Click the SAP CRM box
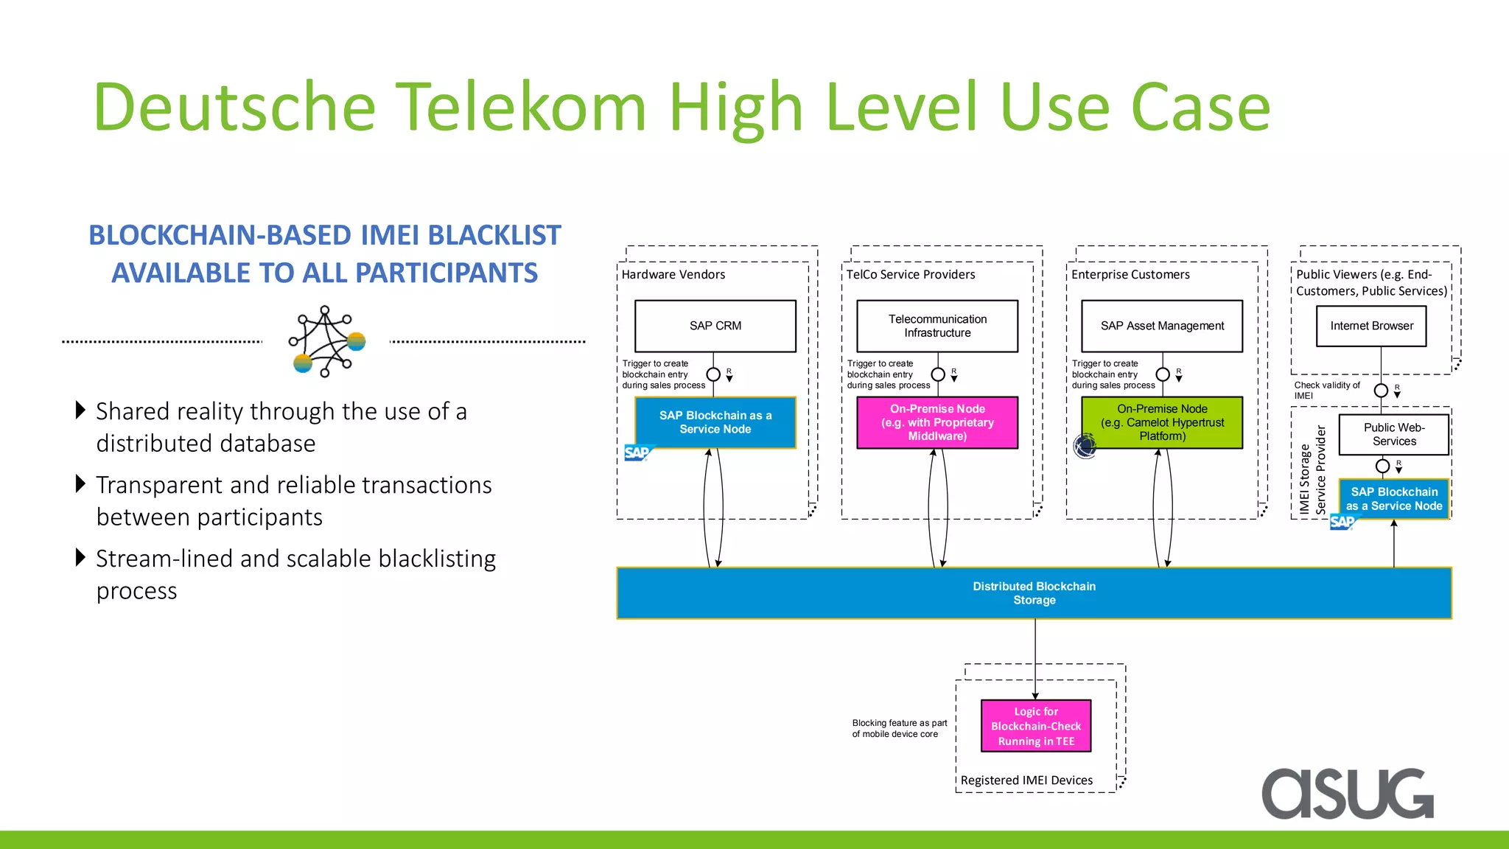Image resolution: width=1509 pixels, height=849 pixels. [x=715, y=326]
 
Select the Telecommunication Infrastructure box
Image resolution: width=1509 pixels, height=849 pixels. [x=937, y=326]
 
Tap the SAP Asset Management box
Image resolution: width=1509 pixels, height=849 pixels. [x=1162, y=326]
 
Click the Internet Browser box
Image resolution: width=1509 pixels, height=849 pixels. [x=1371, y=326]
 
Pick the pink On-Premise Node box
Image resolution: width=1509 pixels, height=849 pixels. [x=937, y=422]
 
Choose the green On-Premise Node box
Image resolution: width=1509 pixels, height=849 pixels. [x=1162, y=422]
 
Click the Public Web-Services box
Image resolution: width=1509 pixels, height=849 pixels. [x=1393, y=434]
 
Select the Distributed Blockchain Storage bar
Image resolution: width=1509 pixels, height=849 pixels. [x=1034, y=593]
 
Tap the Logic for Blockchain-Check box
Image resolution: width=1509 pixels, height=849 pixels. [x=1035, y=726]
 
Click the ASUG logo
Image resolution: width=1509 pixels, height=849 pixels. [x=1348, y=793]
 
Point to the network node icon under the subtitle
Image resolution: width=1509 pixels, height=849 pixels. [x=326, y=341]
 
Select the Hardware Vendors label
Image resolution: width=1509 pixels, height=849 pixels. [x=673, y=274]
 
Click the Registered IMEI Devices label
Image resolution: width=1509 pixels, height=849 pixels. [x=1026, y=780]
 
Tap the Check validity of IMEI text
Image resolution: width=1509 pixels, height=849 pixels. [x=1326, y=390]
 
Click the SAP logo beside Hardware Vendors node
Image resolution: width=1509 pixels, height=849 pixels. [x=637, y=453]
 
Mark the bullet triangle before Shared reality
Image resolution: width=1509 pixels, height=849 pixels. [x=81, y=410]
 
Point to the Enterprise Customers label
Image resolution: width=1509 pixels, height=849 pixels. [x=1130, y=274]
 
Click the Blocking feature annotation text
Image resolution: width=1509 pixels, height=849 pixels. [x=899, y=728]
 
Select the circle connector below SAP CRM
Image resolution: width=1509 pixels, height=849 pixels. [x=713, y=374]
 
